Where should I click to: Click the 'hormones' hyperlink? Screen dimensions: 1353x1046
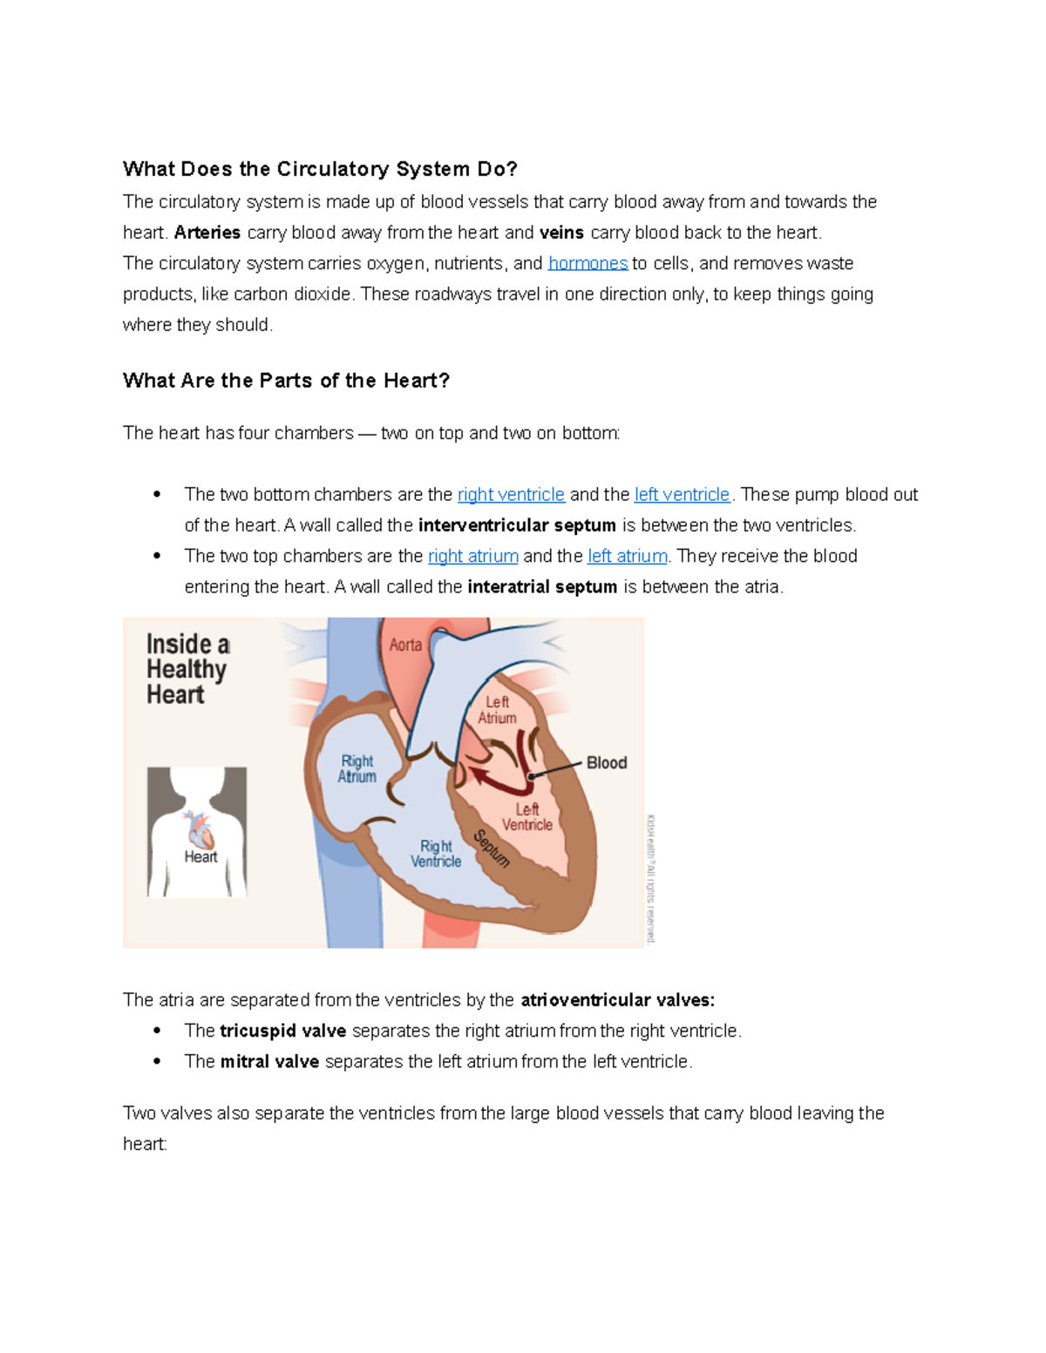[588, 263]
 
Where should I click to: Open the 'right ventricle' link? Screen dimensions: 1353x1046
[511, 495]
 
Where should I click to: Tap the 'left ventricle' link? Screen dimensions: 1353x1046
[682, 495]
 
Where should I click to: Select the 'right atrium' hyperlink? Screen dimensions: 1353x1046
[473, 556]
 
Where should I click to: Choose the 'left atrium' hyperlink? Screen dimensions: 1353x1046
[628, 556]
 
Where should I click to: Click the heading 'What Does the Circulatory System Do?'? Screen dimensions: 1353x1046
[320, 169]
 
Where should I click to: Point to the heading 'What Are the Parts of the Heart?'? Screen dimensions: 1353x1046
[286, 381]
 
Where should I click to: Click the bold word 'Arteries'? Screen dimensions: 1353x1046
[207, 233]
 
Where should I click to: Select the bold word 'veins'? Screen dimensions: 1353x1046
[561, 233]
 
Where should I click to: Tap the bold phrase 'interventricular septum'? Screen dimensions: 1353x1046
[517, 525]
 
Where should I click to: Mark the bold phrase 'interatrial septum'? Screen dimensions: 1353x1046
[542, 587]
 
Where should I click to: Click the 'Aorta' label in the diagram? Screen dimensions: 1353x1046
[405, 645]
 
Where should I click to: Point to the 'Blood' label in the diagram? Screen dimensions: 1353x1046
[607, 763]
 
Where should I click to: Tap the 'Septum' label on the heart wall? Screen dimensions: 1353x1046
[491, 849]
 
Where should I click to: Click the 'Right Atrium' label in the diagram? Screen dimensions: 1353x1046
[357, 768]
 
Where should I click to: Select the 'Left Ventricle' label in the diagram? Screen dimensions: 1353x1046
[526, 817]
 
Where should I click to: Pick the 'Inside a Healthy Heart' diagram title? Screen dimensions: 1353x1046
[187, 669]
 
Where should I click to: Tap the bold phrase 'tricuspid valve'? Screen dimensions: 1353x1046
[282, 1031]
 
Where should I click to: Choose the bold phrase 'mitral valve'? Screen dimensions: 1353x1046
[269, 1061]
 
